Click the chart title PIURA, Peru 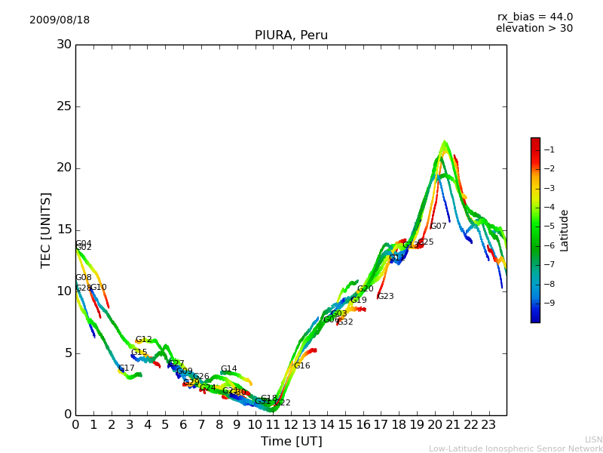point(291,35)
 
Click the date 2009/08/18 point(60,20)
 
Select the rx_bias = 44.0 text point(534,17)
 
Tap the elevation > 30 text point(534,29)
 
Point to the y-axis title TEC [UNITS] point(46,230)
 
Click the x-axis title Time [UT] point(291,442)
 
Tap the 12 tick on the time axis point(291,424)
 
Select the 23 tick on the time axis point(488,424)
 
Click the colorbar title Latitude point(565,230)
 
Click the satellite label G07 point(438,226)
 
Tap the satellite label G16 point(301,366)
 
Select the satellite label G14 point(228,369)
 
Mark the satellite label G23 point(385,297)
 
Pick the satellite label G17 point(126,368)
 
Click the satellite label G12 point(143,340)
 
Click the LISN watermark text point(593,439)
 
